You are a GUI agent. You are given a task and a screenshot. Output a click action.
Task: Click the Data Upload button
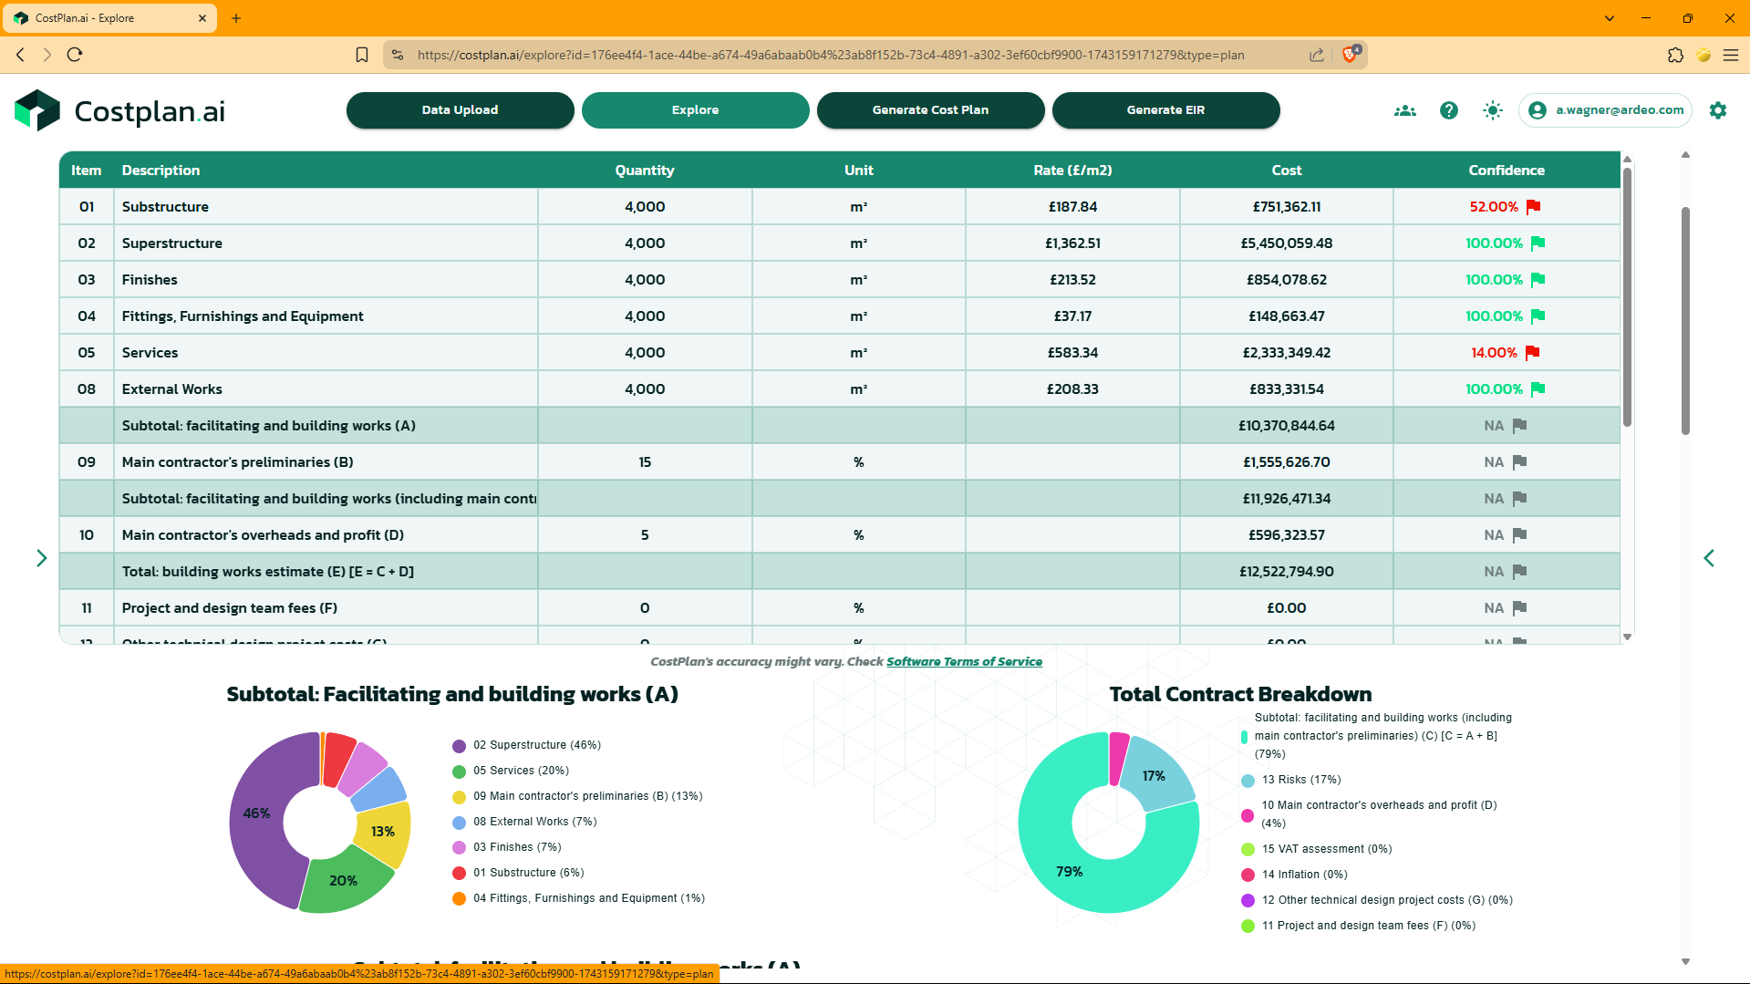(460, 110)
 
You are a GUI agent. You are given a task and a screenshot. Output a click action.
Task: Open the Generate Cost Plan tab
(930, 110)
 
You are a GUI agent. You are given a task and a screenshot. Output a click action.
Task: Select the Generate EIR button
(1165, 110)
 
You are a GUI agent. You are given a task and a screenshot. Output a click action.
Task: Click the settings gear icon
(1718, 110)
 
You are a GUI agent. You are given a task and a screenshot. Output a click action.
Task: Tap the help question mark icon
(1448, 110)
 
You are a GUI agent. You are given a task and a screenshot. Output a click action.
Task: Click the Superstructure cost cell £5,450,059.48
(1286, 243)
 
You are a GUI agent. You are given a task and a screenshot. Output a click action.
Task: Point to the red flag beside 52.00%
(1533, 207)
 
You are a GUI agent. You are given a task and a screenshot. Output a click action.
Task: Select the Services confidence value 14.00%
(1494, 353)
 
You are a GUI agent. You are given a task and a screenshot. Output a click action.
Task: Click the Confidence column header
(1506, 171)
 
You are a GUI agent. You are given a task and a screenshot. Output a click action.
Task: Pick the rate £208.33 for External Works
(1072, 389)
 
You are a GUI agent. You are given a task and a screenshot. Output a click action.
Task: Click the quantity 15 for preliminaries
(645, 462)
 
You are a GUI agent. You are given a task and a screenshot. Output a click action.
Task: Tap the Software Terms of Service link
(964, 662)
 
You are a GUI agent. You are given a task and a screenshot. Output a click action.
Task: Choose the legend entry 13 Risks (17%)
(1300, 780)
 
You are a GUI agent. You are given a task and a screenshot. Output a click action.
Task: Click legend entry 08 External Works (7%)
(534, 822)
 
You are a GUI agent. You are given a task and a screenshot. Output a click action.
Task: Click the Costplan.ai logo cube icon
(37, 110)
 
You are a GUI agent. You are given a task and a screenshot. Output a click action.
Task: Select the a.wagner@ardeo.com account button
(1606, 110)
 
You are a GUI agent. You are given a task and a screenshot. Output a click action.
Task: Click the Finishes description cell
(150, 280)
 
